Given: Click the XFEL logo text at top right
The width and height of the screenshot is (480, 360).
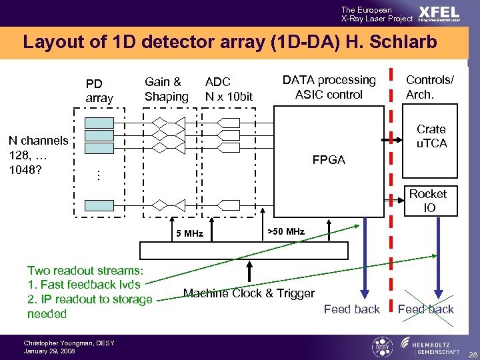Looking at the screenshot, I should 439,12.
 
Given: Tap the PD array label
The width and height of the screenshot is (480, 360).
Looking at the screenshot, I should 99,91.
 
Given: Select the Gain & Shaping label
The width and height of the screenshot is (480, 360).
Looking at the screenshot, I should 166,89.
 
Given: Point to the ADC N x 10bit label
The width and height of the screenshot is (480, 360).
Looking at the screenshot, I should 229,89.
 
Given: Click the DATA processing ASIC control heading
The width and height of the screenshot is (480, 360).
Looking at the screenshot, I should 329,87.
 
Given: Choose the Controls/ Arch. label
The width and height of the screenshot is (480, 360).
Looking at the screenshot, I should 430,87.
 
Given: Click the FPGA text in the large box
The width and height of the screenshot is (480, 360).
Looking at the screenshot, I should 329,161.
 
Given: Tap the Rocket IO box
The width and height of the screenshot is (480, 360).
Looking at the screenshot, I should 427,201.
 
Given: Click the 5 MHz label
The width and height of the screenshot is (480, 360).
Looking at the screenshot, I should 189,233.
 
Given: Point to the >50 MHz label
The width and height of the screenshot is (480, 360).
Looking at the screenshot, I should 285,231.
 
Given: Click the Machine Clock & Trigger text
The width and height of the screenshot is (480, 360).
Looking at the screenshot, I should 249,293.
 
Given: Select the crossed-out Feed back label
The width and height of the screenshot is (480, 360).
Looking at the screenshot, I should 425,309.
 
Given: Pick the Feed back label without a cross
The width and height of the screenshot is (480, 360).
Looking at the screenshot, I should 351,309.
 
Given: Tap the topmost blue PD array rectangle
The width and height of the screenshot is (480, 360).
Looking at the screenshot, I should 99,122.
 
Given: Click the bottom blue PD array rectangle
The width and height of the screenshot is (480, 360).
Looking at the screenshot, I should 99,204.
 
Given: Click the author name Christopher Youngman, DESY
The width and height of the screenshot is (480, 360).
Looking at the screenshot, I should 69,343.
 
